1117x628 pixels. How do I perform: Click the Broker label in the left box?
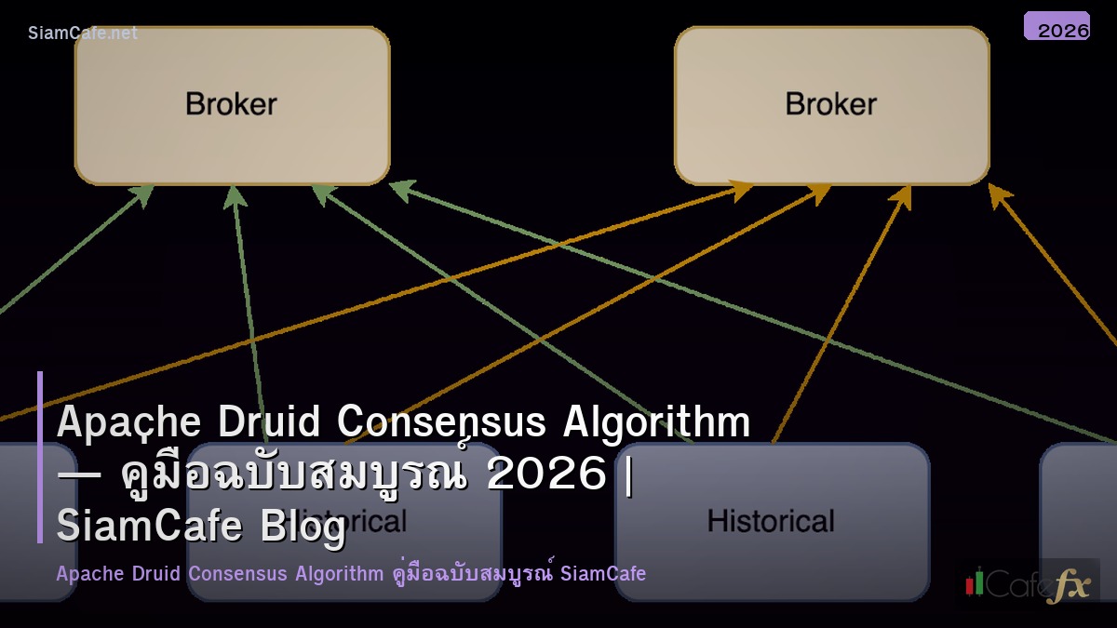(231, 103)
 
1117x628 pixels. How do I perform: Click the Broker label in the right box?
(830, 103)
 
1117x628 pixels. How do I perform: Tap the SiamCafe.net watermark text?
(83, 33)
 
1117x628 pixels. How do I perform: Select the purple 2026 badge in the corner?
(1056, 27)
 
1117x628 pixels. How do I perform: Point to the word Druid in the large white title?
(270, 422)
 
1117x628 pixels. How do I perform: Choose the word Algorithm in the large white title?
(657, 422)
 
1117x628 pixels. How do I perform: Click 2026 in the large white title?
(546, 474)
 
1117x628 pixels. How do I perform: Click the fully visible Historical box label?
(771, 520)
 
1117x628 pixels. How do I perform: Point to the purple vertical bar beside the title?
(40, 457)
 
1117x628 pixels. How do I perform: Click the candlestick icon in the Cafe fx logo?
(975, 581)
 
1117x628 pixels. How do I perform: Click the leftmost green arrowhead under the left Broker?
(143, 193)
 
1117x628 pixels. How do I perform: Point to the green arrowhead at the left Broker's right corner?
(399, 188)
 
